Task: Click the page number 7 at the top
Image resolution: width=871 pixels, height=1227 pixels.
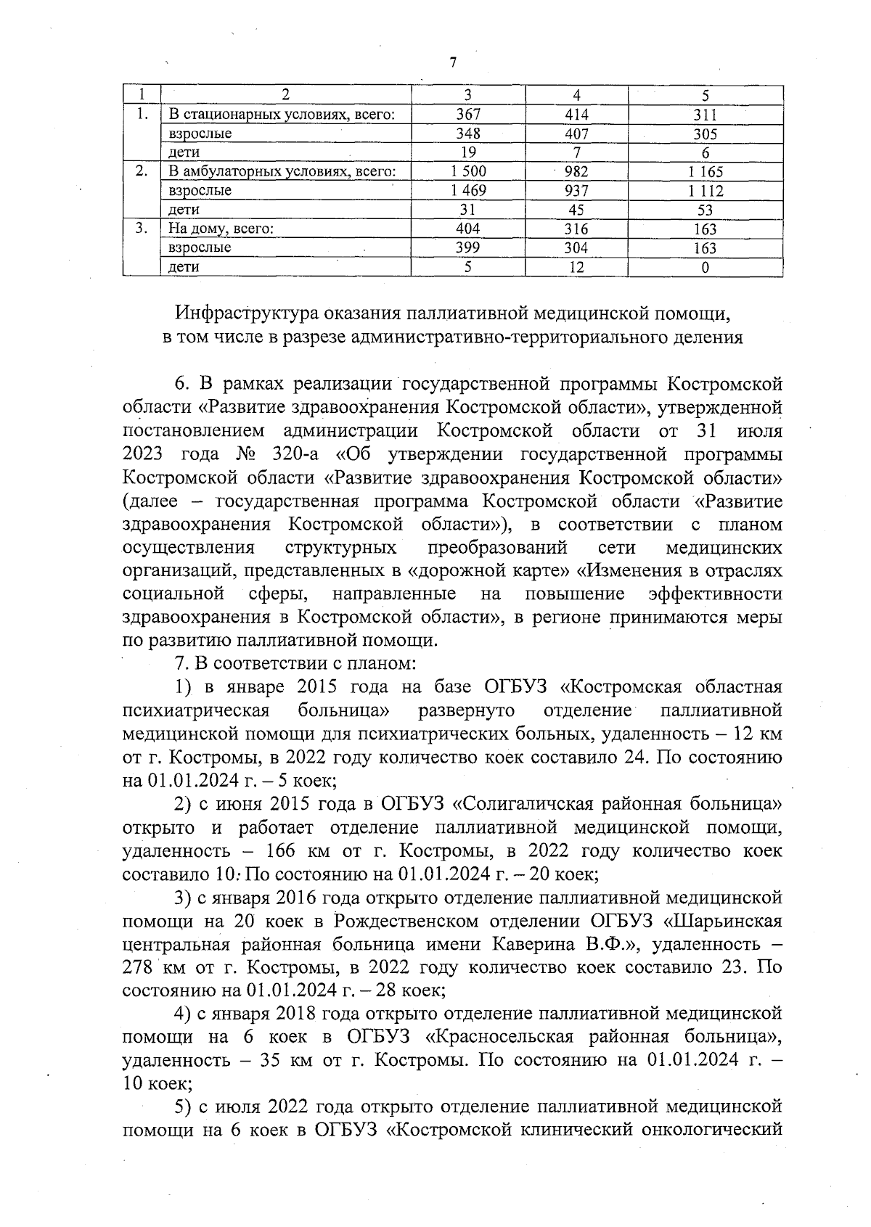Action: point(453,63)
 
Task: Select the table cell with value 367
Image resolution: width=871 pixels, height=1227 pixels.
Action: point(468,115)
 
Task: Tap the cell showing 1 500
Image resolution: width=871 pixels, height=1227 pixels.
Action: point(468,172)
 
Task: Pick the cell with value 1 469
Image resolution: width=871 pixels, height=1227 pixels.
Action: point(468,191)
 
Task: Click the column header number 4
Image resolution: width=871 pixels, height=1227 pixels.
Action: point(576,95)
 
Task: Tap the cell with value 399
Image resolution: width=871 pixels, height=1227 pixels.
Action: point(468,248)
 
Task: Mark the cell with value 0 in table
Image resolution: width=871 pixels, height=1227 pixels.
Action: point(705,267)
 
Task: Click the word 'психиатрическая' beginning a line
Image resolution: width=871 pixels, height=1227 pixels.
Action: point(197,711)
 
